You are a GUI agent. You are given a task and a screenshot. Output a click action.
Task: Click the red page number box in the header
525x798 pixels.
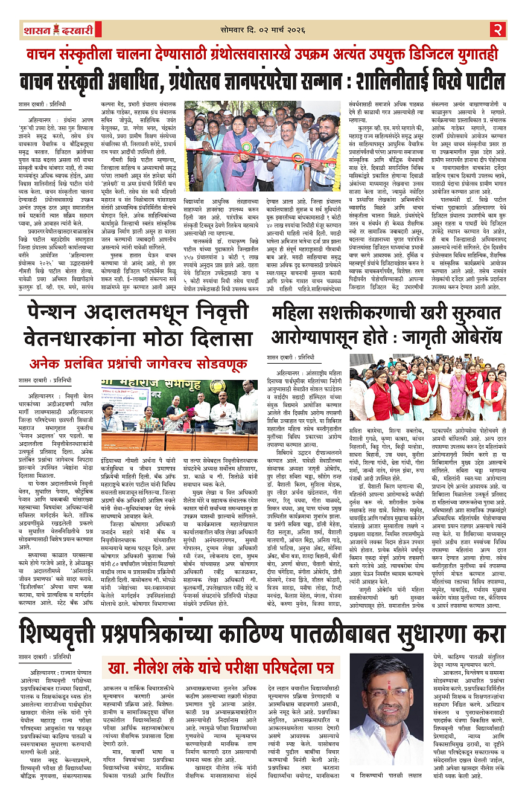pos(497,29)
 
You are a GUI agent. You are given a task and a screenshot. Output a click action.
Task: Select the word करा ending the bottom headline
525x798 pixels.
pos(488,617)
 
